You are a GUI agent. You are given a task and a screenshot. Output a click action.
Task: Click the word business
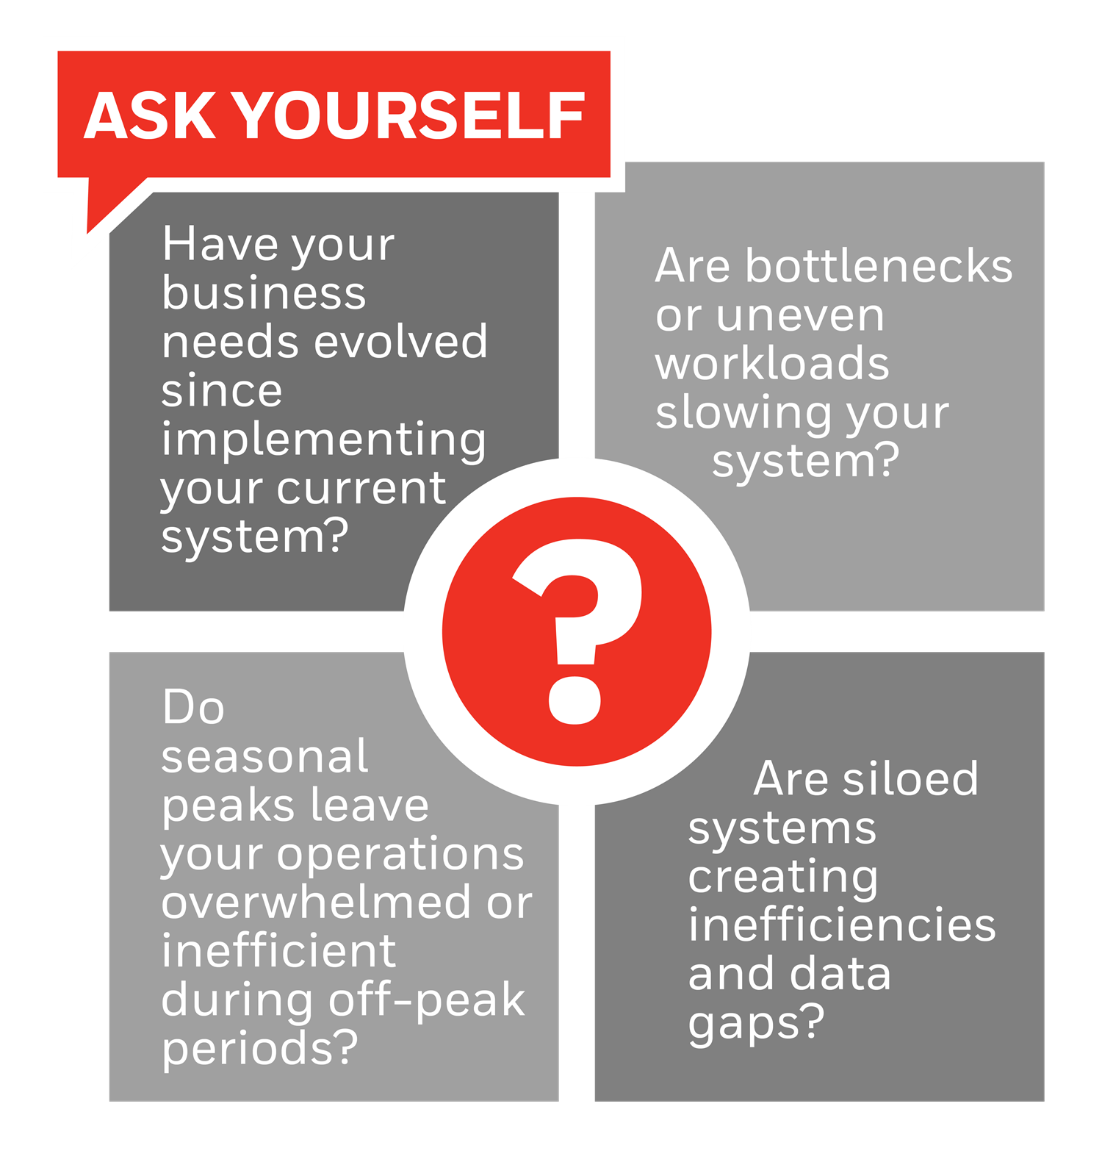(x=264, y=293)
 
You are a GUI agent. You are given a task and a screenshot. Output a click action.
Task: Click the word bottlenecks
(x=879, y=265)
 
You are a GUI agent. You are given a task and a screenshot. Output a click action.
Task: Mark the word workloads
(x=772, y=363)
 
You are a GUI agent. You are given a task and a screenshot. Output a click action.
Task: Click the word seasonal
(x=264, y=756)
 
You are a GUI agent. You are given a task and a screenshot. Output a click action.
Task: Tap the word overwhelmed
(x=316, y=902)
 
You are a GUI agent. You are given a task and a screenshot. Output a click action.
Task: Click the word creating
(x=783, y=878)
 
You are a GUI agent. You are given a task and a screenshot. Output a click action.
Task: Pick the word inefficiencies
(x=842, y=925)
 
